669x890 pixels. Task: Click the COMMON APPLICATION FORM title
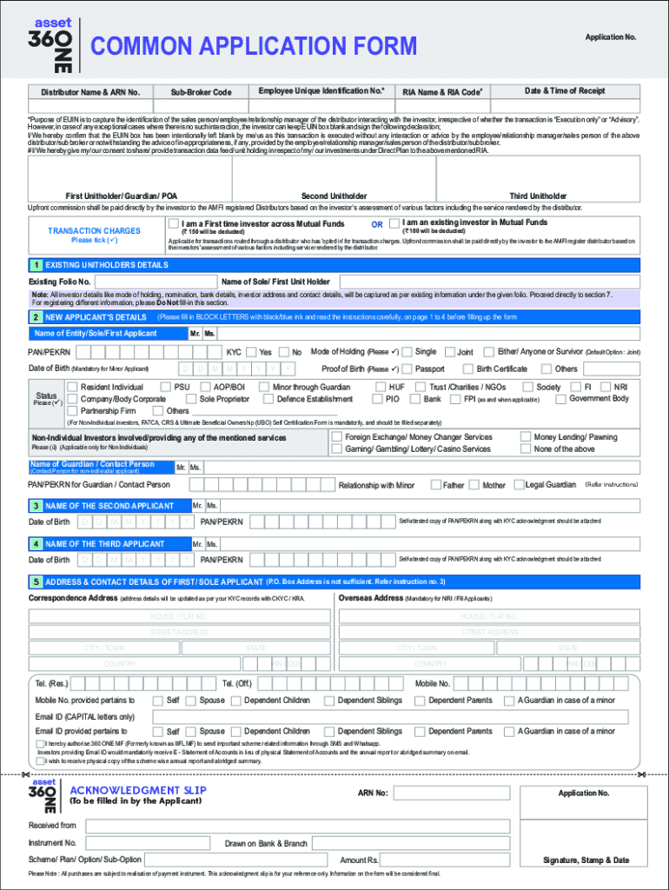254,47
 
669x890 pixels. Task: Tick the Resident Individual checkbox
73,387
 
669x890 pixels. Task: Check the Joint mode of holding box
450,352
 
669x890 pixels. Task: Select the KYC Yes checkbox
250,352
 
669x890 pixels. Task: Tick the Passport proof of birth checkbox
408,369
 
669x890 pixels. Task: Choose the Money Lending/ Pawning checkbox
525,437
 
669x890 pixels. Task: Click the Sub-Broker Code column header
201,92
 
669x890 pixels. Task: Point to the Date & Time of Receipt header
565,91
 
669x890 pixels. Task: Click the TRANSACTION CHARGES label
94,231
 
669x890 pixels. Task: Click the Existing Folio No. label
60,282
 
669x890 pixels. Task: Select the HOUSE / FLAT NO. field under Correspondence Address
179,616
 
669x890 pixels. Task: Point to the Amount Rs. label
359,860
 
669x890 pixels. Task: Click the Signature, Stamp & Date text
586,860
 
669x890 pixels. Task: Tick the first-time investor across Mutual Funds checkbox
174,223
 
